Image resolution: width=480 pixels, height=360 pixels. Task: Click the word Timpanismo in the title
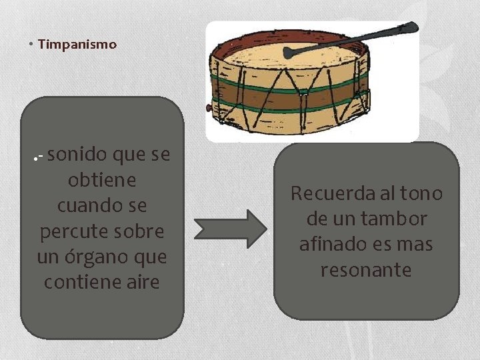(x=77, y=45)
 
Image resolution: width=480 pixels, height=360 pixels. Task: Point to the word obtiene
(x=102, y=181)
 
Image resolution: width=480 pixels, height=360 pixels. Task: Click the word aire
(x=145, y=282)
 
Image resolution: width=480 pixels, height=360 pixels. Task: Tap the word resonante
(x=366, y=270)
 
